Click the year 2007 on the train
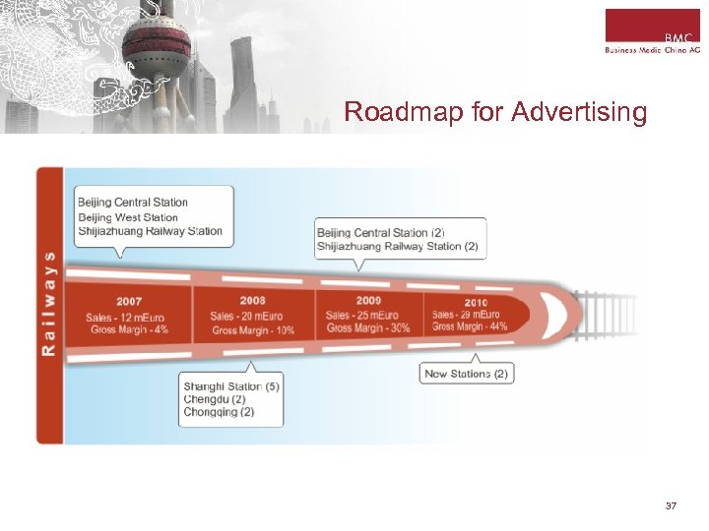click(128, 301)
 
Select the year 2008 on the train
click(252, 300)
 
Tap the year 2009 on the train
click(368, 300)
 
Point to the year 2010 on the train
click(476, 302)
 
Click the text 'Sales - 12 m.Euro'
click(127, 317)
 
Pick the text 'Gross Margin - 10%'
click(253, 330)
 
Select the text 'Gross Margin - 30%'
click(368, 327)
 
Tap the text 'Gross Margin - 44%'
click(470, 326)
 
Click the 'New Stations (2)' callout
click(467, 374)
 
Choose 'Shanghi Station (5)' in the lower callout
click(231, 386)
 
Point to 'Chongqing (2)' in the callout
click(219, 412)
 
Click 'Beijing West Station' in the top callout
click(128, 217)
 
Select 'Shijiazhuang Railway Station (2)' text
click(398, 247)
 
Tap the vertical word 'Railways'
click(50, 305)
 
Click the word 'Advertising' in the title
click(579, 113)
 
